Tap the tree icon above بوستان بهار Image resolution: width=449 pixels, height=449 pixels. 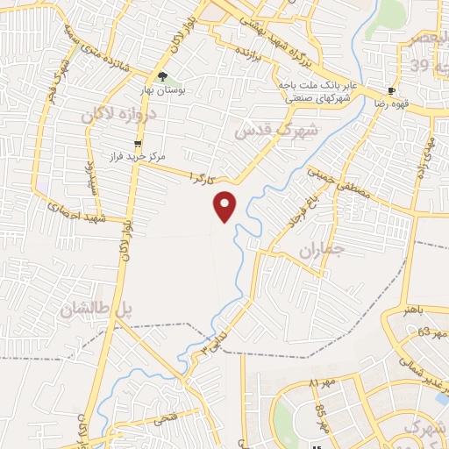(x=162, y=76)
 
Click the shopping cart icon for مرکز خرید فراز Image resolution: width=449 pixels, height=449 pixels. (x=137, y=143)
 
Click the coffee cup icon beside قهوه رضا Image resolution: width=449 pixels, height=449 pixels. (x=391, y=90)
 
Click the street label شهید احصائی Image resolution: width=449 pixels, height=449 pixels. (x=75, y=213)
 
